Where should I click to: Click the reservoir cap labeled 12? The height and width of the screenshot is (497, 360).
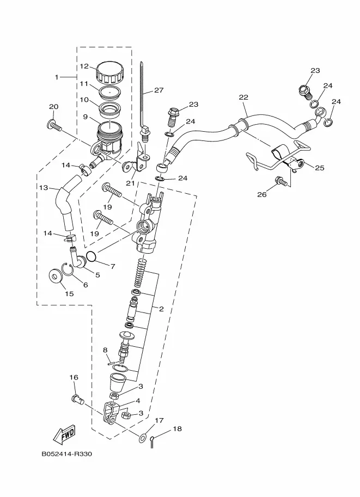pos(109,72)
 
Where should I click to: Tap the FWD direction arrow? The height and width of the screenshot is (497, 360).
pos(64,434)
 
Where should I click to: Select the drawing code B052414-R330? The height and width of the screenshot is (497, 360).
pos(66,454)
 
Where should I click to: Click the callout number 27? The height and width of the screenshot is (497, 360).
pos(158,90)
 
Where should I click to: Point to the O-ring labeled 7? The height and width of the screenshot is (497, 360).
pos(91,256)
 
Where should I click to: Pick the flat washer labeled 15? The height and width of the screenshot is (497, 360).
pos(56,276)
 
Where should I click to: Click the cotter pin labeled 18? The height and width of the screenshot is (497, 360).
pos(152,442)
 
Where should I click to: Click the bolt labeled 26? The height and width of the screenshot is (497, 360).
pos(282,181)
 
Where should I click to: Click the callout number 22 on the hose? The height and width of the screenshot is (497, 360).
pos(243,97)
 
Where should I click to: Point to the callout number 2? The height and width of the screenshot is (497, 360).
pos(161,309)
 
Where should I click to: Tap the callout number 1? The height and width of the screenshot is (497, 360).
pos(57,77)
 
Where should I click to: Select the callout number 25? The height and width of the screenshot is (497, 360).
pos(319,168)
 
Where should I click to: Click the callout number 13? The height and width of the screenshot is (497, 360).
pos(44,188)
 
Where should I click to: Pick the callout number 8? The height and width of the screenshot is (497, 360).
pos(105,350)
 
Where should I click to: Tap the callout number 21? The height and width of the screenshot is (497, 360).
pos(130,183)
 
